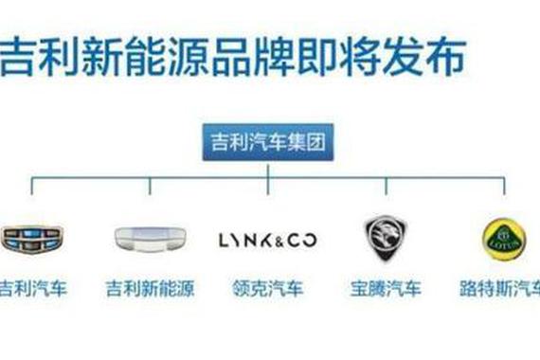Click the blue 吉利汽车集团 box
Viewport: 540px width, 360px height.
(x=268, y=145)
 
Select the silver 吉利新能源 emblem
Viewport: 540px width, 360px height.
(x=148, y=239)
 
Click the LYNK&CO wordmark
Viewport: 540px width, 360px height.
(x=268, y=239)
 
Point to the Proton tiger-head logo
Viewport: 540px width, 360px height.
(x=386, y=237)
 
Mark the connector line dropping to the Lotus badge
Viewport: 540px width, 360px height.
(x=504, y=187)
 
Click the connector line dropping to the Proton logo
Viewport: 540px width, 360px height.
(x=386, y=187)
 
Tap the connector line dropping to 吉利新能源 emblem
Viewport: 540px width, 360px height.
(x=149, y=187)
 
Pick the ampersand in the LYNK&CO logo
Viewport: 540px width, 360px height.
(x=275, y=239)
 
